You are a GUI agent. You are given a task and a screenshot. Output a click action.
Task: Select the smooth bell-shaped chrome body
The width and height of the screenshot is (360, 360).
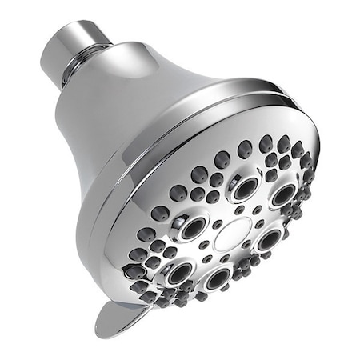104,120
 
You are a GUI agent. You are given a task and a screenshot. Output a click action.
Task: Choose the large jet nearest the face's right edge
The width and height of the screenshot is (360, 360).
282,195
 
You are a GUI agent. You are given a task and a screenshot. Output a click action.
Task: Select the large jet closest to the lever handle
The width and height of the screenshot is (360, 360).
177,273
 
